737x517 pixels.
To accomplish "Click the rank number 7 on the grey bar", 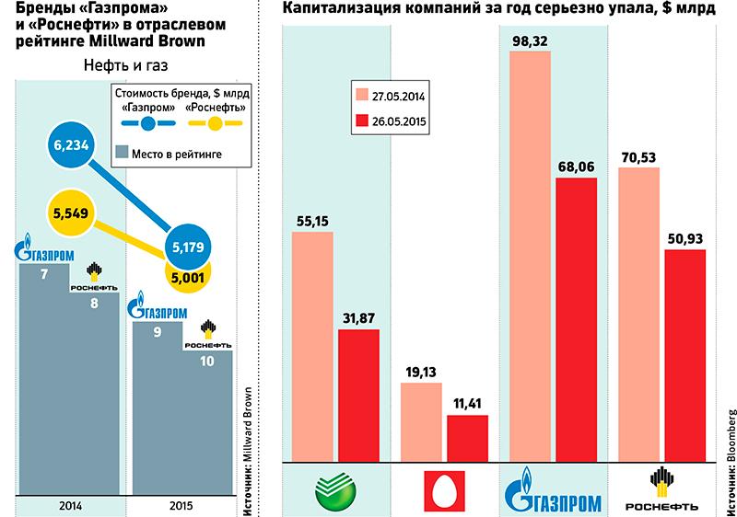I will [43, 276].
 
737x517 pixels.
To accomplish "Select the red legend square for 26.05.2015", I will [361, 121].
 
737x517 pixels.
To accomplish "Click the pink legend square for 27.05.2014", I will [361, 94].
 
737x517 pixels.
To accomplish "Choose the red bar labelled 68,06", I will [577, 318].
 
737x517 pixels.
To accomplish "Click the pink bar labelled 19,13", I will [419, 421].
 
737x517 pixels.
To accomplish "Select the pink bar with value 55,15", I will [312, 345].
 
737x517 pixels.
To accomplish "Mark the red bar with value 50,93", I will [684, 354].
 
